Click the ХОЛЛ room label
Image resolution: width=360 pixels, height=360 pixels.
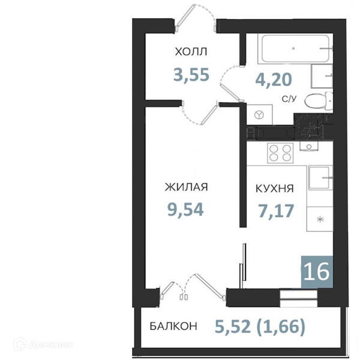click(191, 52)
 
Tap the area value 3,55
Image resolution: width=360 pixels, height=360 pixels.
click(191, 74)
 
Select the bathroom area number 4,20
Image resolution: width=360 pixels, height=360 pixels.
click(274, 79)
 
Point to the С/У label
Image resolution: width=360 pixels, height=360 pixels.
click(289, 99)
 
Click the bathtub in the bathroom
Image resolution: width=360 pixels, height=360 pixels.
click(295, 49)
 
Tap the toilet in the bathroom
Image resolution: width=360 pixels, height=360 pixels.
click(319, 101)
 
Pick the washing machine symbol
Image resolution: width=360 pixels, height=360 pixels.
click(259, 115)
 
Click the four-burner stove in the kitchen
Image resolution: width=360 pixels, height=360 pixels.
click(280, 153)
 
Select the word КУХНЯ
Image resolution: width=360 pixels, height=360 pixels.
click(275, 189)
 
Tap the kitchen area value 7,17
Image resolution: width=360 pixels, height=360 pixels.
click(276, 211)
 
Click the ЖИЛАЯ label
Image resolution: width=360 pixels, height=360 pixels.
click(186, 187)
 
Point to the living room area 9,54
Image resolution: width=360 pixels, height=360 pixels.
click(185, 209)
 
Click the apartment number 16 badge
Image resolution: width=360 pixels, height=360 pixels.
click(317, 272)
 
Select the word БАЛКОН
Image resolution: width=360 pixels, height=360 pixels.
click(173, 326)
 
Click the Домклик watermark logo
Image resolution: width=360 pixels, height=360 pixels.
click(43, 344)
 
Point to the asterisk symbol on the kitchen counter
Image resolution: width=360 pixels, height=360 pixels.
click(320, 219)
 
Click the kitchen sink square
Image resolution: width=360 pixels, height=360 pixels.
click(320, 178)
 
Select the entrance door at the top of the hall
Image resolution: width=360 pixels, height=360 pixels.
click(196, 19)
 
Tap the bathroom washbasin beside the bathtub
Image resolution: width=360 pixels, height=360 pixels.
click(322, 76)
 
